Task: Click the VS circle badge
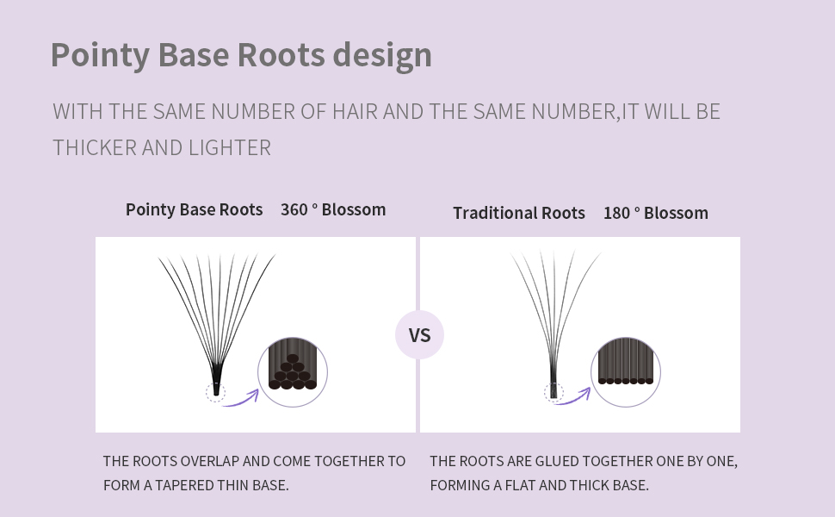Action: pos(419,335)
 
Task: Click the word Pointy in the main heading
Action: pos(100,54)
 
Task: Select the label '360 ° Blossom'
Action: pos(333,209)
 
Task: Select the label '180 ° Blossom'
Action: pos(656,213)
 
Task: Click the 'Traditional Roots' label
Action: pos(519,213)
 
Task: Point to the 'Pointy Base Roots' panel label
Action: pos(194,209)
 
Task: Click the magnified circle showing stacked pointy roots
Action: pos(293,372)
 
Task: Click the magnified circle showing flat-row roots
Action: pos(626,372)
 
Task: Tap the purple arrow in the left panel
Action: pos(241,398)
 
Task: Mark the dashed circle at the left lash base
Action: pos(215,393)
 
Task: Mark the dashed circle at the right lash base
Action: pos(554,393)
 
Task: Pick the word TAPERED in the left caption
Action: pos(178,485)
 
